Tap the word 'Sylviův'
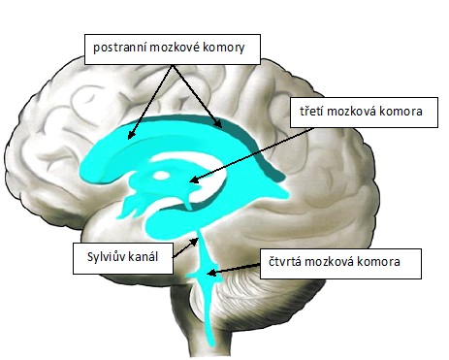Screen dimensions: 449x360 100,259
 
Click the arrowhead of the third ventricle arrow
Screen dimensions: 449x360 193,180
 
